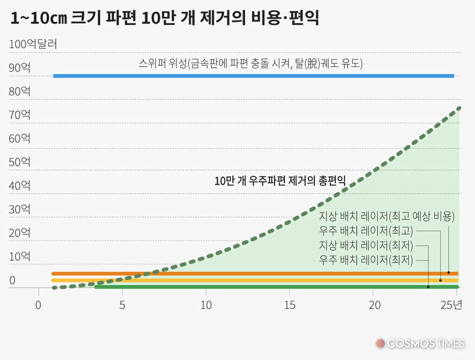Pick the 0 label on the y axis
pyautogui.click(x=13, y=280)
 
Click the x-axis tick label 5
pyautogui.click(x=122, y=304)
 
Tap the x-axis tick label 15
pyautogui.click(x=289, y=304)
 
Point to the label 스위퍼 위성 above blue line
pyautogui.click(x=251, y=64)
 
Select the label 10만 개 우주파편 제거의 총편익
pyautogui.click(x=281, y=181)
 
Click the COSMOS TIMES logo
pyautogui.click(x=420, y=343)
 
